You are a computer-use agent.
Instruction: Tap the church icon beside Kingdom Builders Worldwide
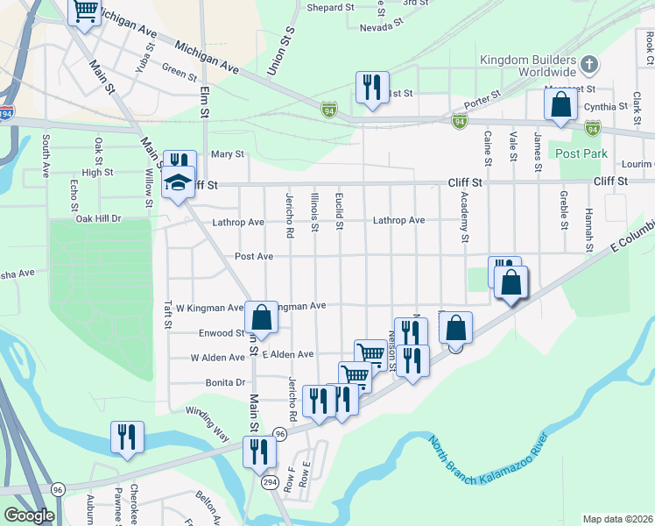(x=590, y=65)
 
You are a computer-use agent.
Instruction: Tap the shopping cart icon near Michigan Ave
(x=85, y=11)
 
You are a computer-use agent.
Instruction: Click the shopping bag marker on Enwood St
(x=261, y=317)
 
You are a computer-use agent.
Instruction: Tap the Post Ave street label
(x=254, y=257)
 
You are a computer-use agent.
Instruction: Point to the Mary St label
(x=226, y=154)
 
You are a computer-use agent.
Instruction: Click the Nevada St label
(x=381, y=27)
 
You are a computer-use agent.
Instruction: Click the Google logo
(x=29, y=515)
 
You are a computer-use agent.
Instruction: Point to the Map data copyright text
(x=616, y=519)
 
